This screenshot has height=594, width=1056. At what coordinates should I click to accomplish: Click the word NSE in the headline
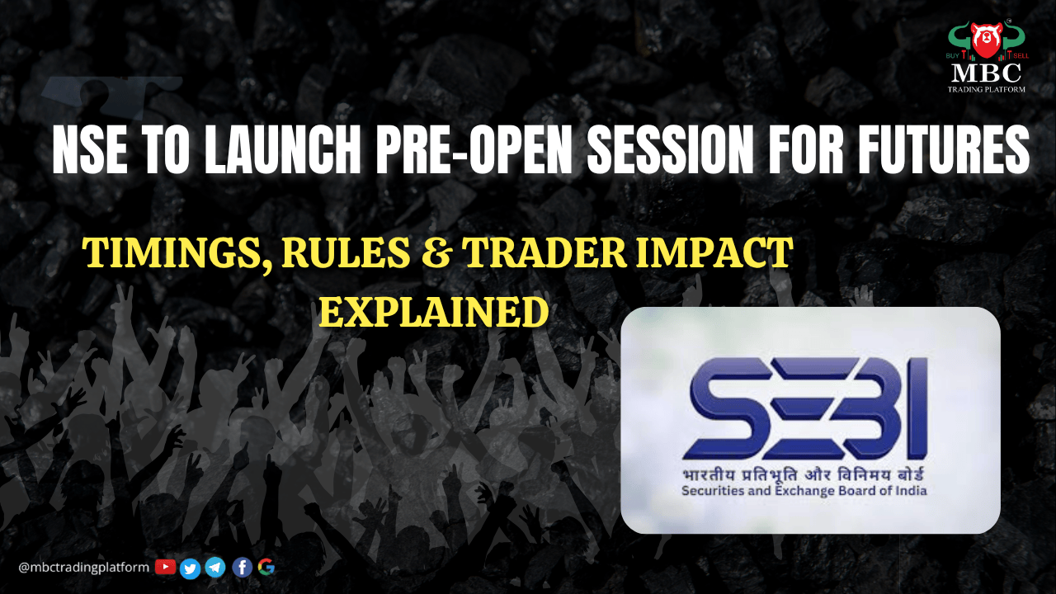click(90, 150)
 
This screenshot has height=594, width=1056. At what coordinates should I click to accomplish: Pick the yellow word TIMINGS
click(177, 253)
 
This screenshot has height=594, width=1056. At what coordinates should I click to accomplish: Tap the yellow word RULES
click(346, 252)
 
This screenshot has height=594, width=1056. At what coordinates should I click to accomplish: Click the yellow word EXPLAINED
click(434, 312)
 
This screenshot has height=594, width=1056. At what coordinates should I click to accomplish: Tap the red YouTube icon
click(166, 567)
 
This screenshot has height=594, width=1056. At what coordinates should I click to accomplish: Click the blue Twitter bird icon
click(190, 568)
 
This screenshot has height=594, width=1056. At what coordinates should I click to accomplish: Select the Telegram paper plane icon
click(215, 568)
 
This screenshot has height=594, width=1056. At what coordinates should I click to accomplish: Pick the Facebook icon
click(243, 568)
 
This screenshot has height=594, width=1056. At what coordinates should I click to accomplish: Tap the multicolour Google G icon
click(266, 567)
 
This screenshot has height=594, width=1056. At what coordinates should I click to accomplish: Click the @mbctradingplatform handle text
click(83, 567)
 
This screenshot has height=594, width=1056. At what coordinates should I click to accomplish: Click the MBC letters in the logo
click(986, 73)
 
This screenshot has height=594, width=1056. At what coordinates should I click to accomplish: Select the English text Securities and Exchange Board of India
click(804, 491)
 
